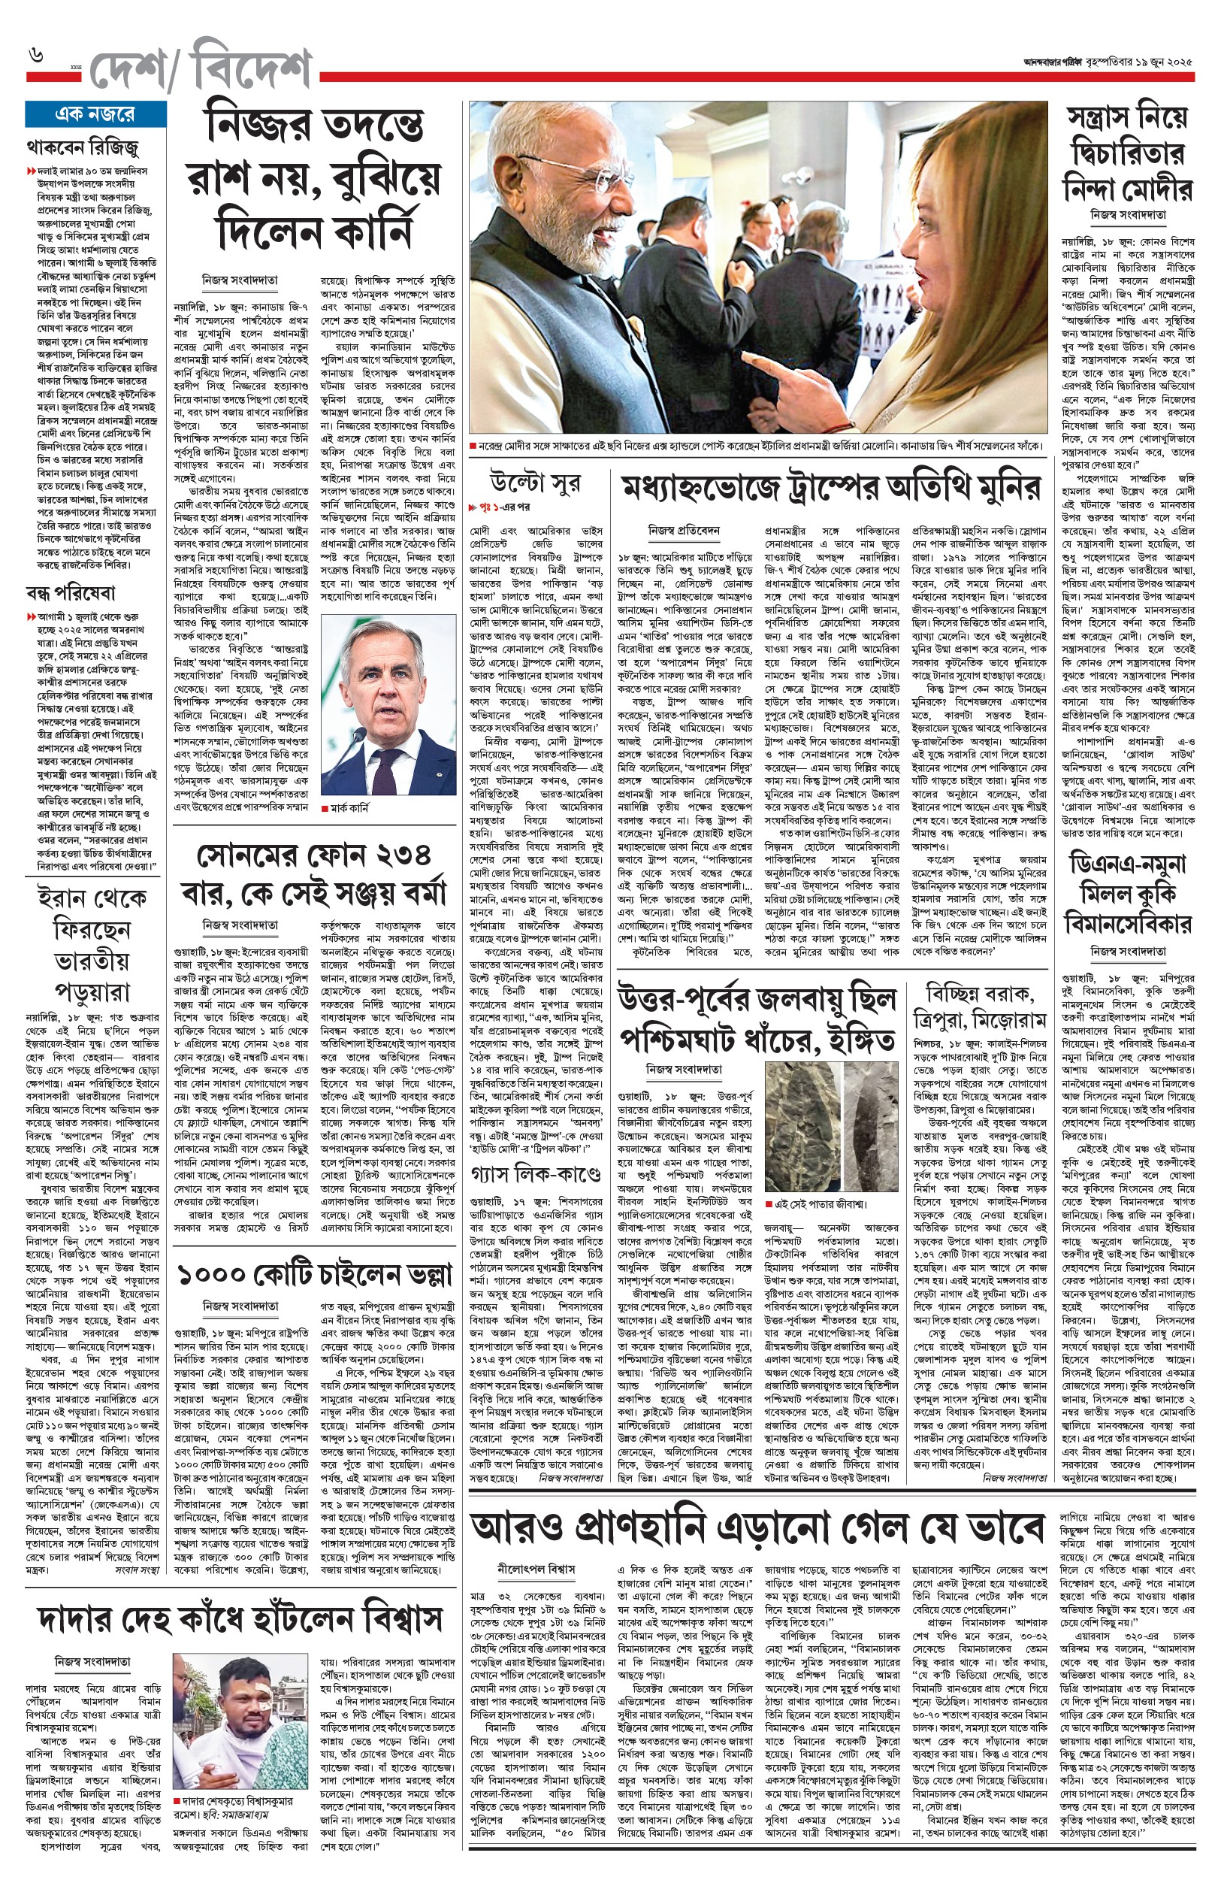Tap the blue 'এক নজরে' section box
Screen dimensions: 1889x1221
point(95,114)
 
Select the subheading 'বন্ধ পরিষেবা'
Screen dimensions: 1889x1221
point(71,593)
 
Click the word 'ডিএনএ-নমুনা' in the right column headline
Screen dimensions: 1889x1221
point(1127,865)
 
